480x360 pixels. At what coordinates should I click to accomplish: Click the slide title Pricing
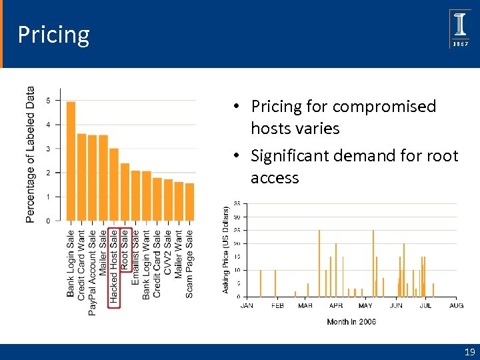click(53, 35)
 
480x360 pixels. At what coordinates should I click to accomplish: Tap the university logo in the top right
click(460, 29)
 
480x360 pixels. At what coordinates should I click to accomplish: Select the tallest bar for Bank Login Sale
click(71, 161)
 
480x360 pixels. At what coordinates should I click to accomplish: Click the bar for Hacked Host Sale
click(114, 184)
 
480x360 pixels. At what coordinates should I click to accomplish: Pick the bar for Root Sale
click(125, 191)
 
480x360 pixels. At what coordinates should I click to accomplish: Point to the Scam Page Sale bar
click(189, 201)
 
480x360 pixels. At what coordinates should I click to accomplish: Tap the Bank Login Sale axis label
click(71, 263)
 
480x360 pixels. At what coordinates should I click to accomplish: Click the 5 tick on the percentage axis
click(48, 101)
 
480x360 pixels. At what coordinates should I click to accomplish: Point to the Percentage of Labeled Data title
click(30, 155)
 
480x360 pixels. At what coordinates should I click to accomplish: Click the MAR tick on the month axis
click(305, 305)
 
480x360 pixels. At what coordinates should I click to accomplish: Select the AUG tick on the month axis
click(456, 305)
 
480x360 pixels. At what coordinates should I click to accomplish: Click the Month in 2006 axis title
click(351, 322)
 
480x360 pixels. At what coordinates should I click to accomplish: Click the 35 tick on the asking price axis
click(237, 203)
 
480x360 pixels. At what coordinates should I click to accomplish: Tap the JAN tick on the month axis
click(247, 305)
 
